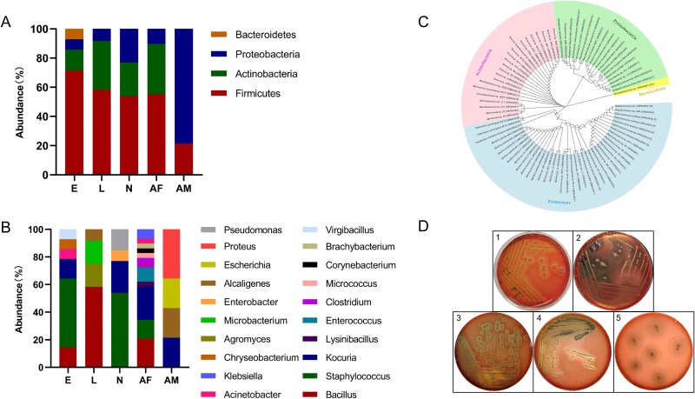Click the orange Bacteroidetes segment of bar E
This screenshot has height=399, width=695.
coord(75,33)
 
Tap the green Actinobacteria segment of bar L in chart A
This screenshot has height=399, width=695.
coord(102,65)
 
